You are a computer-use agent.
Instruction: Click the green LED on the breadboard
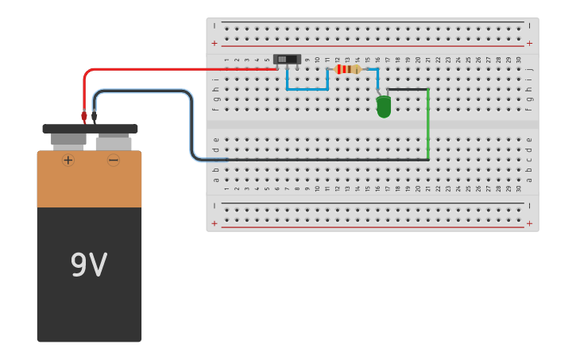click(x=384, y=106)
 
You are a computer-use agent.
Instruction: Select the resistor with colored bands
click(x=347, y=69)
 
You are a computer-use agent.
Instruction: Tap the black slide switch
click(x=286, y=59)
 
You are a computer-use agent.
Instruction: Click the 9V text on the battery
click(x=89, y=265)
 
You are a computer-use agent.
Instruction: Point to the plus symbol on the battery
click(x=68, y=160)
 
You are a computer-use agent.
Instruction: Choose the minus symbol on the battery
click(x=114, y=160)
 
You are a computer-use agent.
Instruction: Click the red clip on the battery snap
click(x=84, y=116)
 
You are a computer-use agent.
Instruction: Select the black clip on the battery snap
click(x=95, y=116)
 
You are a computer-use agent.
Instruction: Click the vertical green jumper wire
click(x=428, y=123)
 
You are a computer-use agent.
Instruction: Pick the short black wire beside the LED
click(x=408, y=89)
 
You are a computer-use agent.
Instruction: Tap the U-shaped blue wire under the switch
click(x=307, y=89)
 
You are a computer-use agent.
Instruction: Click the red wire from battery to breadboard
click(x=175, y=69)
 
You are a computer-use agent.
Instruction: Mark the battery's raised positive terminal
click(x=68, y=140)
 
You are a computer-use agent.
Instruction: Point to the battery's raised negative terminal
click(x=114, y=143)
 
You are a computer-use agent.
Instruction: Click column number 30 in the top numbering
click(x=519, y=60)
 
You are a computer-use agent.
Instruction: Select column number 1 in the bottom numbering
click(x=226, y=188)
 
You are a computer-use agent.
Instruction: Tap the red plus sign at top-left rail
click(x=214, y=43)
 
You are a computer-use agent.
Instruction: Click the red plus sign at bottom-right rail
click(x=529, y=223)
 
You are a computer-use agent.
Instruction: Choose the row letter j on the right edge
click(x=529, y=69)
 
